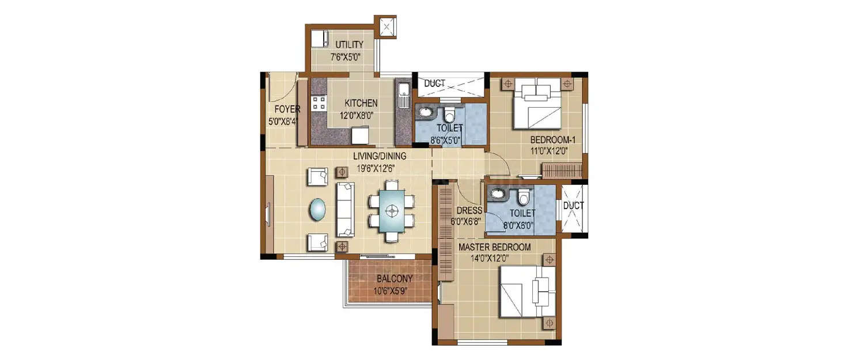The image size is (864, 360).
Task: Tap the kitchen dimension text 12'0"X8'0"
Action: pyautogui.click(x=361, y=115)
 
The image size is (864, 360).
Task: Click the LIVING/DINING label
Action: pyautogui.click(x=380, y=156)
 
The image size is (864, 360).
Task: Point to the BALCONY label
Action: pyautogui.click(x=394, y=279)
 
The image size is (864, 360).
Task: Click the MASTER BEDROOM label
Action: pyautogui.click(x=494, y=247)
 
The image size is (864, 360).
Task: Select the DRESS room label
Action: pyautogui.click(x=469, y=211)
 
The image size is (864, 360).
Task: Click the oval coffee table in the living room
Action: pyautogui.click(x=317, y=209)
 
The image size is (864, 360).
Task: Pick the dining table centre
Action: pyautogui.click(x=392, y=211)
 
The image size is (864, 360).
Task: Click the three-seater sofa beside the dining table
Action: pyautogui.click(x=345, y=209)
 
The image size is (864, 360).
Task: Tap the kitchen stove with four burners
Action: pyautogui.click(x=319, y=104)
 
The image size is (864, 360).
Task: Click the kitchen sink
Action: pyautogui.click(x=403, y=92)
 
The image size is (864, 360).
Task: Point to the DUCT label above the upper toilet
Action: pyautogui.click(x=434, y=84)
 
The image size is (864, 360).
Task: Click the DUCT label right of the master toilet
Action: pyautogui.click(x=574, y=206)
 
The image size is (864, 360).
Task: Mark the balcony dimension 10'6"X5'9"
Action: pyautogui.click(x=394, y=289)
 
